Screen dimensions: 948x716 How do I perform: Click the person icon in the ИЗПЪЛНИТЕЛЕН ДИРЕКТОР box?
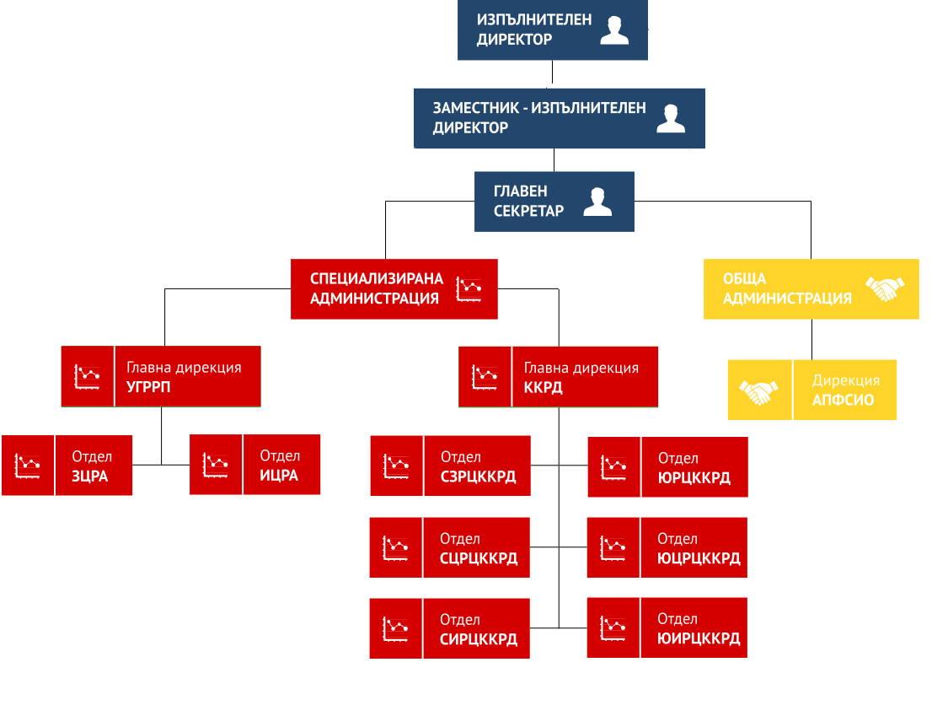click(x=614, y=30)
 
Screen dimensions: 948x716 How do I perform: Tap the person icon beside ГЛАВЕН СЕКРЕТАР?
click(x=597, y=202)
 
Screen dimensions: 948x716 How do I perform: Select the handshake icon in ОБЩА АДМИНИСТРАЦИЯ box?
click(x=885, y=288)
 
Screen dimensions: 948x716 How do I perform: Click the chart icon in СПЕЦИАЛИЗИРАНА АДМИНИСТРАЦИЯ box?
click(x=469, y=289)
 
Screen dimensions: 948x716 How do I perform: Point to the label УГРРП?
click(x=148, y=387)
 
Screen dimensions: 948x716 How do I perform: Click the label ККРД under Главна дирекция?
click(x=543, y=387)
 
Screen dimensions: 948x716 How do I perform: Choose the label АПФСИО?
click(x=843, y=400)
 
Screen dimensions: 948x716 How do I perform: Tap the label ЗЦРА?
click(x=90, y=476)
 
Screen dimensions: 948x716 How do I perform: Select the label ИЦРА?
click(x=279, y=476)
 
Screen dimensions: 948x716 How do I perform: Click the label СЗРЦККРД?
click(x=479, y=477)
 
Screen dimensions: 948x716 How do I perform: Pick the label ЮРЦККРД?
click(x=694, y=478)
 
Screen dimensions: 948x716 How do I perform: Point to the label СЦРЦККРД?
click(x=479, y=558)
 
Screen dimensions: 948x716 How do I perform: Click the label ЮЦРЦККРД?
click(x=699, y=558)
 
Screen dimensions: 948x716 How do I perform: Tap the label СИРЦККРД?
click(x=479, y=639)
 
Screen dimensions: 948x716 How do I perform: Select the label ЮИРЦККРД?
click(x=699, y=638)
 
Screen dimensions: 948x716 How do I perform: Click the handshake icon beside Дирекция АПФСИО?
click(x=758, y=391)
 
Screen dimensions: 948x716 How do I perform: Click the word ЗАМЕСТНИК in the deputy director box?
click(x=476, y=108)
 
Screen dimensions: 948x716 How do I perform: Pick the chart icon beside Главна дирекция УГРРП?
click(x=87, y=377)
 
